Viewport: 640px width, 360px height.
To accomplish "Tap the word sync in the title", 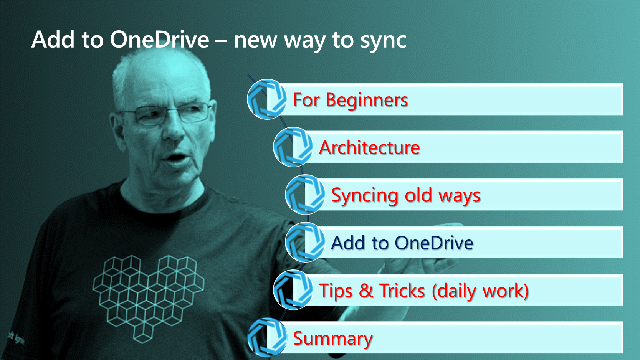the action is coord(383,42).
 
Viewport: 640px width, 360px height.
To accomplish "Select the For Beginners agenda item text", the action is coord(351,100).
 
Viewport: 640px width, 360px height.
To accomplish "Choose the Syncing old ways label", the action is coord(406,195).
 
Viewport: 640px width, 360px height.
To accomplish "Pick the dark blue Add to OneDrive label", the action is coord(402,243).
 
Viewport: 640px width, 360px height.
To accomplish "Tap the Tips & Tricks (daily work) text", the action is coord(424,291).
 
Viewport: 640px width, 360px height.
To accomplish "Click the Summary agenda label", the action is coord(333,339).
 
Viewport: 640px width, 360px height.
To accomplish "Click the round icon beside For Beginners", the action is coord(267,99).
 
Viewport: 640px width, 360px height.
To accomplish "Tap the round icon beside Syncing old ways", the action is coord(305,195).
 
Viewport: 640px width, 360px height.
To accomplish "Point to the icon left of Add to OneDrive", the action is coord(305,242).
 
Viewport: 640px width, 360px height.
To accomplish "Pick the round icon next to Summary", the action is coord(267,337).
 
